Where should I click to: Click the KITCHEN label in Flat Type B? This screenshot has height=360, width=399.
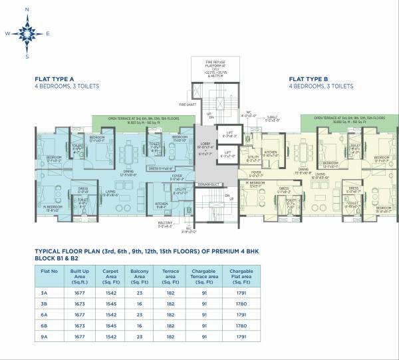pos(270,152)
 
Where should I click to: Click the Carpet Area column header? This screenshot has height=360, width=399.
pos(110,275)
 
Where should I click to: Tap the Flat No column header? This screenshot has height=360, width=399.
pos(48,271)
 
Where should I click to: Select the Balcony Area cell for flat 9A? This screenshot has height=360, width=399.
pos(138,339)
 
